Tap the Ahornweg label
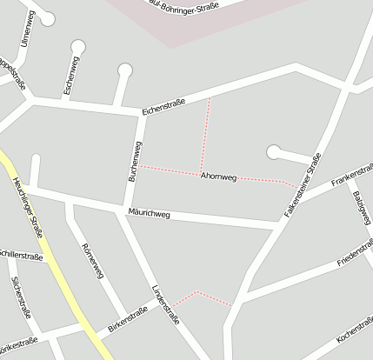tap(218, 177)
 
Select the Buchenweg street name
tap(135, 161)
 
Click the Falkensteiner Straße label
tap(303, 184)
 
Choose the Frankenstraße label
tap(351, 177)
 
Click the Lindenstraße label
tap(165, 303)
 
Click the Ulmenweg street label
tap(27, 28)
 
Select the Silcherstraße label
tap(19, 296)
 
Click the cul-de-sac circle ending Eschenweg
tap(78, 47)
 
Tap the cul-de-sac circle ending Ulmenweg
tap(47, 17)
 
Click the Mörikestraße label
tap(17, 341)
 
